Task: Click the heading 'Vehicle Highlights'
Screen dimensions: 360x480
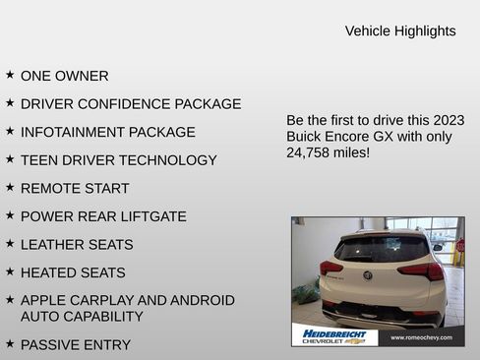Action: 400,31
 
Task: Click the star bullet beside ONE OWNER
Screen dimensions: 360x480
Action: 10,75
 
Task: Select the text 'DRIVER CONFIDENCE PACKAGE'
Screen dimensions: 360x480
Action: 131,103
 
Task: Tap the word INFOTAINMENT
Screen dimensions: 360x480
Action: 68,132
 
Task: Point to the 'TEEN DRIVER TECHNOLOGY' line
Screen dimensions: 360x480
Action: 118,160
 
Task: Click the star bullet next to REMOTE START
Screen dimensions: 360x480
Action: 10,187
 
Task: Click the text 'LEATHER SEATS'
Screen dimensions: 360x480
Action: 77,245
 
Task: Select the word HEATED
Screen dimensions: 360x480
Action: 48,272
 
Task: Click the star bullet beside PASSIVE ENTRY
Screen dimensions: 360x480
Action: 10,343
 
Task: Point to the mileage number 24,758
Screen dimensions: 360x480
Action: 310,153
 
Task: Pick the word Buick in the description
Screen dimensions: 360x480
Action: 307,137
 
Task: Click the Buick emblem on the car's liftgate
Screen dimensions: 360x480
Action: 368,275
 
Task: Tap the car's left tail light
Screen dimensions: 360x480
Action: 330,268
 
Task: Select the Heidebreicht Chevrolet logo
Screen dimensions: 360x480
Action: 334,336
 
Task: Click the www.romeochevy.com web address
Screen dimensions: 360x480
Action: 421,337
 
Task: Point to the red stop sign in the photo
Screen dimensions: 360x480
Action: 459,245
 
